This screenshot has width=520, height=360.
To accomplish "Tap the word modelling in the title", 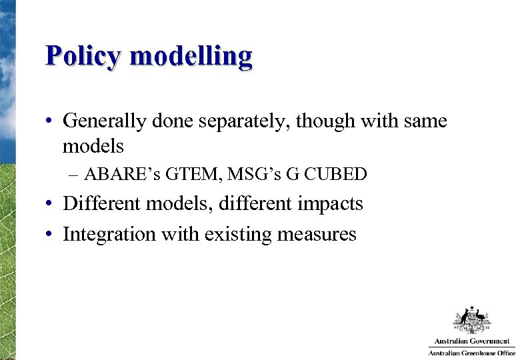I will [x=191, y=57].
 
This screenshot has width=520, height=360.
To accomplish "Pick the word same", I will [x=426, y=121].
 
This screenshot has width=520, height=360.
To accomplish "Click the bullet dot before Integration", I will [x=50, y=235].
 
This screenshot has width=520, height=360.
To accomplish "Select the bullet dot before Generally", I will [x=50, y=122].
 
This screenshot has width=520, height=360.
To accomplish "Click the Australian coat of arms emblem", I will [x=472, y=320].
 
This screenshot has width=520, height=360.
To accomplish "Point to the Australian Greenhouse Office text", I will [x=471, y=353].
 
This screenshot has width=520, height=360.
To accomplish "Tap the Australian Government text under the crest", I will [x=472, y=341].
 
